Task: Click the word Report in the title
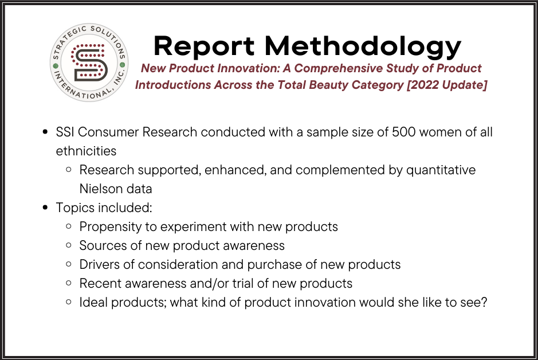(x=204, y=46)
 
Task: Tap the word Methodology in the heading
(x=363, y=47)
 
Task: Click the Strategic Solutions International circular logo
(x=89, y=62)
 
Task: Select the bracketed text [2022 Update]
(x=447, y=85)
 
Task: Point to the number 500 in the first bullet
(x=404, y=132)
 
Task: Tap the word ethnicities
(x=86, y=151)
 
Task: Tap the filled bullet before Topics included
(x=45, y=208)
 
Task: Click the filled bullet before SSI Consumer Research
(x=45, y=132)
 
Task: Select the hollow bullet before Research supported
(x=69, y=170)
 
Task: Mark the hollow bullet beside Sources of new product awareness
(x=69, y=245)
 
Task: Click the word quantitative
(x=441, y=170)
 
